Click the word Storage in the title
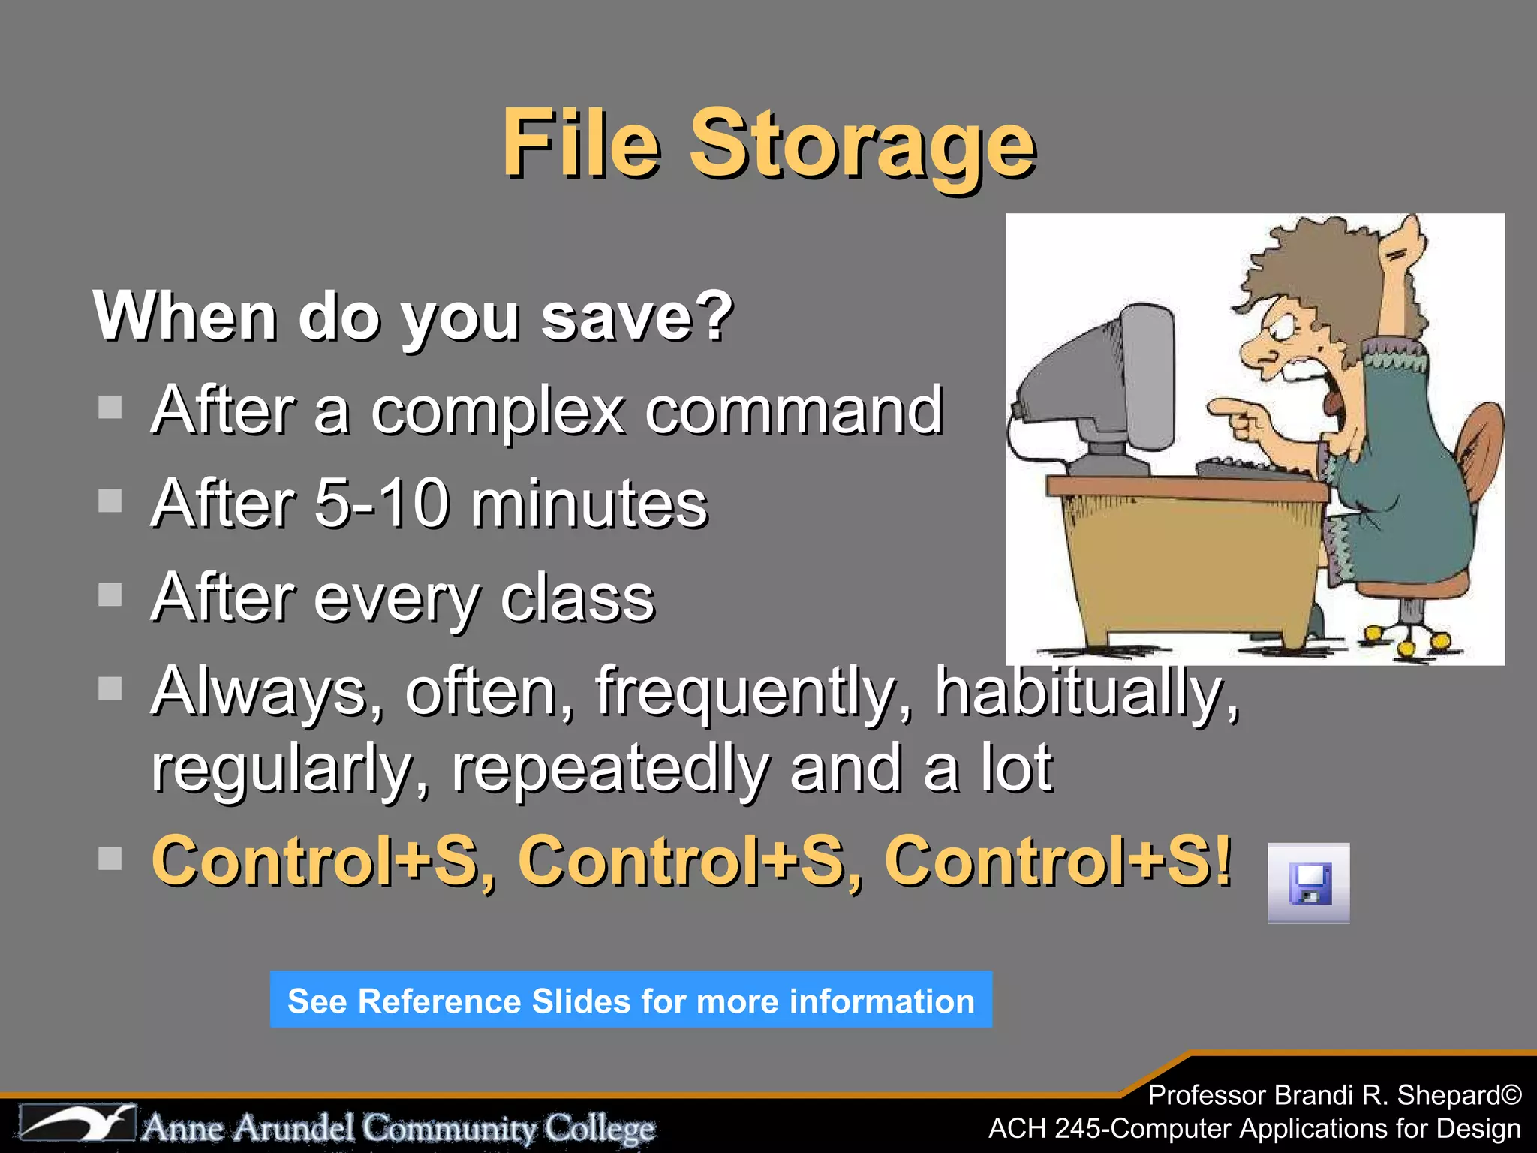pyautogui.click(x=863, y=144)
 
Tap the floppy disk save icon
pyautogui.click(x=1310, y=884)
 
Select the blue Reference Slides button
pyautogui.click(x=630, y=1000)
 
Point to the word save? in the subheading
pyautogui.click(x=636, y=317)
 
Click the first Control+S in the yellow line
pyautogui.click(x=315, y=861)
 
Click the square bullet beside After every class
pyautogui.click(x=110, y=595)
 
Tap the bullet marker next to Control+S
pyautogui.click(x=110, y=858)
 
